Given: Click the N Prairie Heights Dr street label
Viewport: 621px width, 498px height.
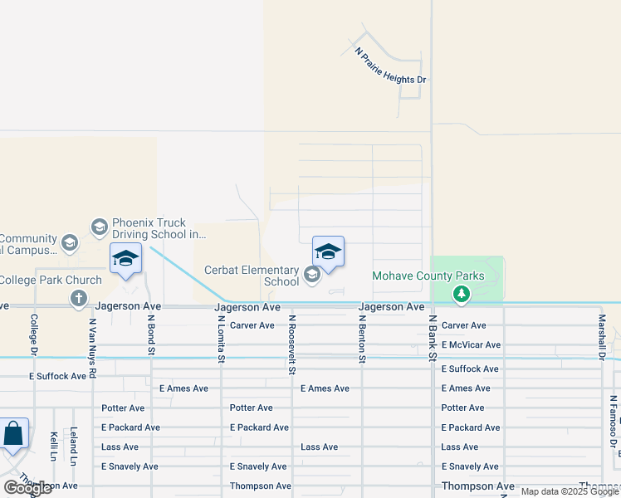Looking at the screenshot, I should pos(390,66).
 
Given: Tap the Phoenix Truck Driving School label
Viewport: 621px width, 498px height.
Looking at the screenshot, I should pos(159,228).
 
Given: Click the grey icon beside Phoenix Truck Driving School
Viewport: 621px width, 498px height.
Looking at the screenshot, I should pos(99,227).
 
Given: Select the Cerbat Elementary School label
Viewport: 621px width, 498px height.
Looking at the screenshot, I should pos(252,276).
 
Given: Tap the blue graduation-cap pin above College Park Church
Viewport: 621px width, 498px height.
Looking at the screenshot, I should pos(125,258).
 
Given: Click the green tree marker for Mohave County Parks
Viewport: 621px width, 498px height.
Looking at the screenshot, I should pos(462,294).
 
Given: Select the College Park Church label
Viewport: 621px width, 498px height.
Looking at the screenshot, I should pos(39,281).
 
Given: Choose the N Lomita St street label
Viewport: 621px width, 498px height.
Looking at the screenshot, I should pos(222,339).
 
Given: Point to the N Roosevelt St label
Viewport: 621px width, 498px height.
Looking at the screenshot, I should pos(292,339).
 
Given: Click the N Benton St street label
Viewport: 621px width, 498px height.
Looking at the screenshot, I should pos(363,339).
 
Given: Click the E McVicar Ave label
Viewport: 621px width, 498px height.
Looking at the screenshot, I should pos(471,344).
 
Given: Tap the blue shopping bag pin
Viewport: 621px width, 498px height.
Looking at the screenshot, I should pos(14,434).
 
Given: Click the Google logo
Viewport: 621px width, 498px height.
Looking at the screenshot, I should pos(27,487).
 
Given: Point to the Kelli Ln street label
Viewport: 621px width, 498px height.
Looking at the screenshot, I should pos(53,445).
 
